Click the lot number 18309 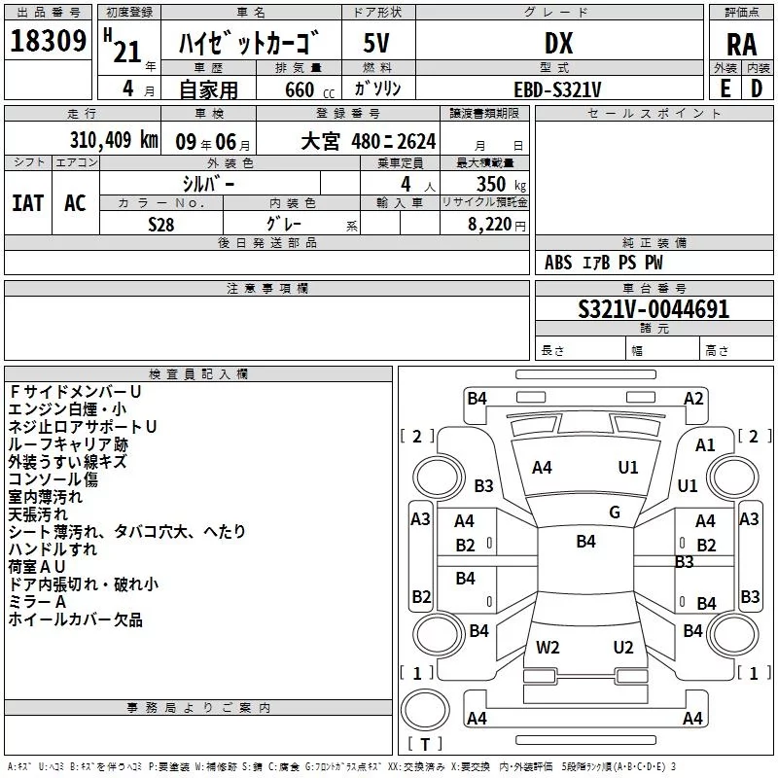(x=48, y=41)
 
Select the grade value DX (x=558, y=43)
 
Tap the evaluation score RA (x=742, y=45)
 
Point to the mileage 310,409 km (x=114, y=140)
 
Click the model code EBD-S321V (x=557, y=89)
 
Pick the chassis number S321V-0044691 (x=654, y=309)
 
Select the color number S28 (x=160, y=225)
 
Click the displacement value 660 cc (x=309, y=89)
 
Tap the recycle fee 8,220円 (x=496, y=225)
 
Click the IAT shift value (x=28, y=203)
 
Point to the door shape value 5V (x=376, y=43)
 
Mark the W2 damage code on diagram (x=548, y=647)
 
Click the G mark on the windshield (x=615, y=513)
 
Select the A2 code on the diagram (x=693, y=398)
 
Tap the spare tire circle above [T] (x=425, y=710)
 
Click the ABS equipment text (x=558, y=262)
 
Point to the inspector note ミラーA (x=37, y=602)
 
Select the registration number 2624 (x=416, y=141)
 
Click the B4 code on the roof (x=585, y=541)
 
